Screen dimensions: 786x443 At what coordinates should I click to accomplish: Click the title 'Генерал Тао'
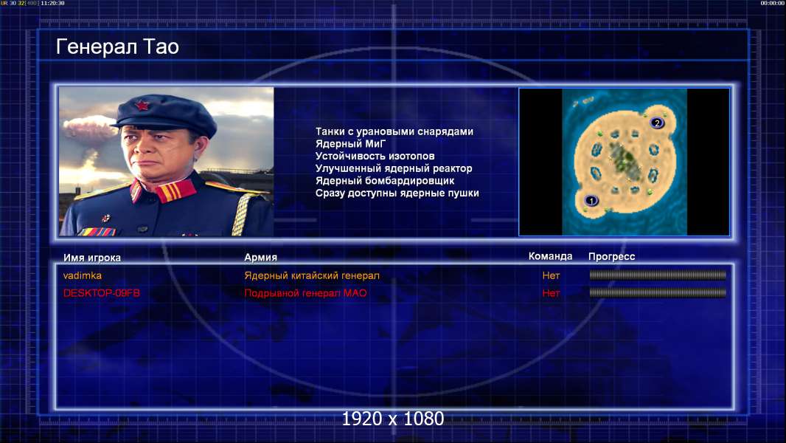coord(117,47)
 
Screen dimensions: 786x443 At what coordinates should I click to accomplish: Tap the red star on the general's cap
coord(142,106)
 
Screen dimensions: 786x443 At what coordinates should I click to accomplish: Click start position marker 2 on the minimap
coord(657,123)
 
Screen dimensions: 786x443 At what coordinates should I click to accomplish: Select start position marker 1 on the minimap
coord(591,201)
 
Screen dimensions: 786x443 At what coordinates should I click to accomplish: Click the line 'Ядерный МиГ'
coord(350,144)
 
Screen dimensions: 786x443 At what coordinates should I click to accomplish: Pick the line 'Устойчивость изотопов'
coord(375,156)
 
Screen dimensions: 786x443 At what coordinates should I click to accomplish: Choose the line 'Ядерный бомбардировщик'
coord(385,181)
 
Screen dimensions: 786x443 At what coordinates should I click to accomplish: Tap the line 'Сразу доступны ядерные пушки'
coord(397,193)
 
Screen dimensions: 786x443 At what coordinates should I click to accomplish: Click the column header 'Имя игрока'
coord(91,258)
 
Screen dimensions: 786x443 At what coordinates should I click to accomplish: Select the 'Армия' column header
coord(261,258)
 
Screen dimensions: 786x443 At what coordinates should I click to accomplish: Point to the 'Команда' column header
coord(550,256)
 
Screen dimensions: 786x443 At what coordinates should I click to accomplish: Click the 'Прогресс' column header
coord(611,257)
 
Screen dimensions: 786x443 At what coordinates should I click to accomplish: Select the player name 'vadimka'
coord(82,275)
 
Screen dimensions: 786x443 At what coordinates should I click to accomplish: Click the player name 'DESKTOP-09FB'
coord(101,293)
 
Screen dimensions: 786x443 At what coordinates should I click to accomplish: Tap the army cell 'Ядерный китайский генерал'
coord(312,275)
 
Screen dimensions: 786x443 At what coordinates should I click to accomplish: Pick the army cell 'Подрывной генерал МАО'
coord(305,293)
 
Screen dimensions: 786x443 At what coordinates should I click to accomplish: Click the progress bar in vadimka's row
coord(658,275)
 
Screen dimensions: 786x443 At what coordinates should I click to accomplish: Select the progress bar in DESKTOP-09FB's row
coord(658,292)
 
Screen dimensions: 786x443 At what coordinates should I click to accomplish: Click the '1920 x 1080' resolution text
coord(392,419)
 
